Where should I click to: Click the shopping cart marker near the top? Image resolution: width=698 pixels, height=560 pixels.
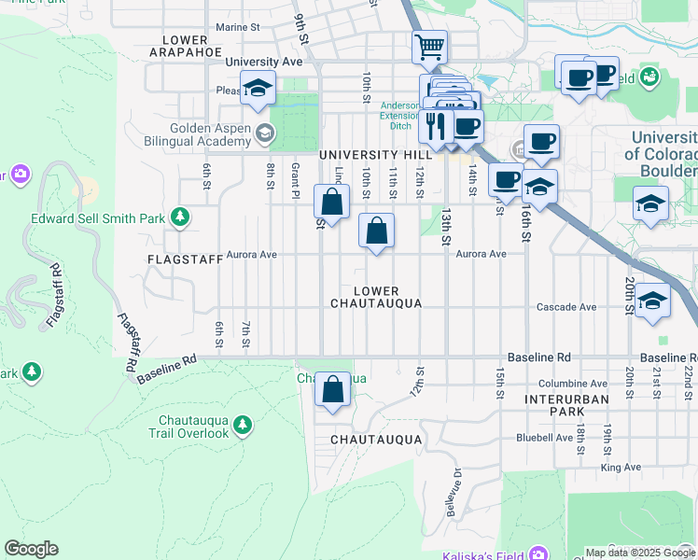429,46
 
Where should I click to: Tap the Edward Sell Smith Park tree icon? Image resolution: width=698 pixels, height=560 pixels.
180,217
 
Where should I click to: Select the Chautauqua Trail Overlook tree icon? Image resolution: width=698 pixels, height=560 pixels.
243,426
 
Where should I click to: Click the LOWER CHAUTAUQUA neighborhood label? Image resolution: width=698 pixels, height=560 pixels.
376,297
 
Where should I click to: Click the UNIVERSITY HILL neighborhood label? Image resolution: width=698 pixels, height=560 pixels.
375,154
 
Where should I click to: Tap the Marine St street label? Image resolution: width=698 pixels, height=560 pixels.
238,27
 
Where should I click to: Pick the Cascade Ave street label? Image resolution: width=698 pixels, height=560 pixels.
566,307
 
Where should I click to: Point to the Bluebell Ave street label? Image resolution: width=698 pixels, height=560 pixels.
544,437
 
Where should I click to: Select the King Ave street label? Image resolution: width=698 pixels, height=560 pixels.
621,467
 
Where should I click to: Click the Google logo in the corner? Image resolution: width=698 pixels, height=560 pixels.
31,549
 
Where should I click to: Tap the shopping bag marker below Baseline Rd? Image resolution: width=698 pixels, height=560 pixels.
333,389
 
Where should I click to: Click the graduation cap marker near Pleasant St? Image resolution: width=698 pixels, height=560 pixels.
258,87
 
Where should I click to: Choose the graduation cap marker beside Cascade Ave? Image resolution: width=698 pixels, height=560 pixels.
652,300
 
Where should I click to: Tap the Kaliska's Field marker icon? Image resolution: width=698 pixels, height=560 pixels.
536,553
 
